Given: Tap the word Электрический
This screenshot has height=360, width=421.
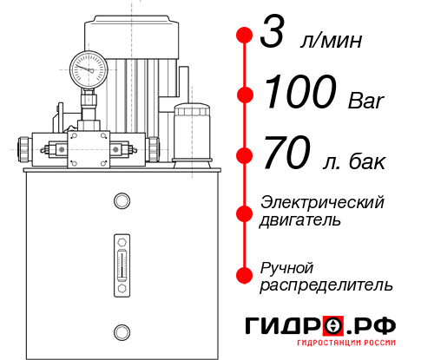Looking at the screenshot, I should tap(322, 202).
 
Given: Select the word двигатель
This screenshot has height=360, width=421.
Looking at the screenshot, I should tap(300, 220).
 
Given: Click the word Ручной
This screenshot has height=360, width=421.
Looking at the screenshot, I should tap(286, 266).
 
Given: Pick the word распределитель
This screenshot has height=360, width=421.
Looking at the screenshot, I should tap(326, 285).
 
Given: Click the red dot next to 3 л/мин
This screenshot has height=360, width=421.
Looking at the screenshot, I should tap(244, 36).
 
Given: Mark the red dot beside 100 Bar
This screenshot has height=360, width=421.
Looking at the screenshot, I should tap(244, 94).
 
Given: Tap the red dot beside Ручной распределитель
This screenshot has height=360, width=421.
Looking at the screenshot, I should tap(244, 275).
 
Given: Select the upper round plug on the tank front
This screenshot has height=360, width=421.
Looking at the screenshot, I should tap(121, 201).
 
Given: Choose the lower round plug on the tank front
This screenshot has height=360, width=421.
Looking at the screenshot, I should tap(121, 331).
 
